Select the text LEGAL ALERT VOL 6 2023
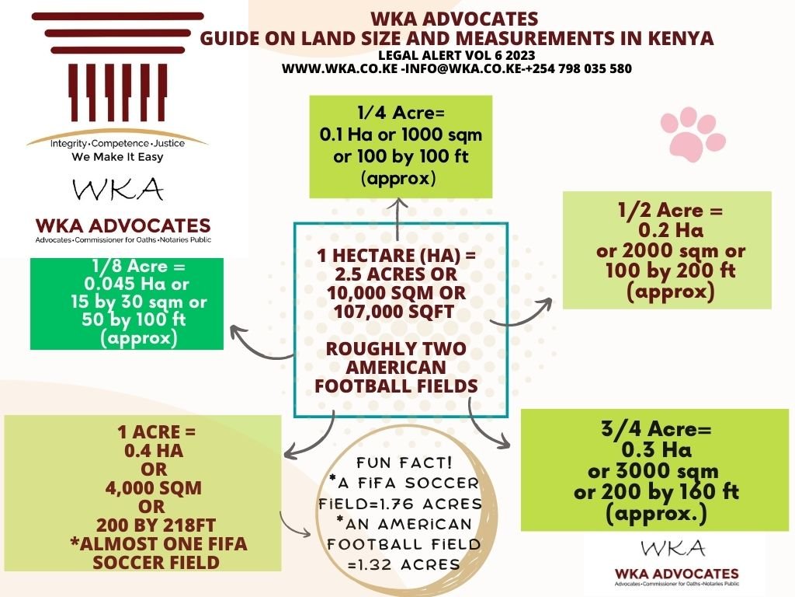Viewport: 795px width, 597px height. (457, 55)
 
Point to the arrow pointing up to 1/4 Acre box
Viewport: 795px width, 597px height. (397, 218)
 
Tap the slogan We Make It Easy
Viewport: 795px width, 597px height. (117, 156)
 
